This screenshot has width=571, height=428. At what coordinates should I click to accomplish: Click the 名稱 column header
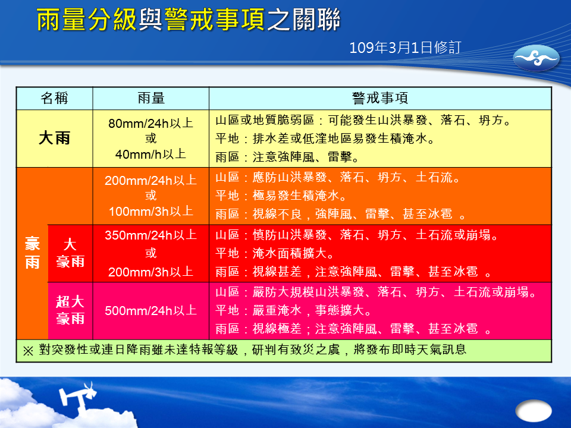pos(54,98)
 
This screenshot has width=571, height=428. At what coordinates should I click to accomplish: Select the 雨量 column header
pos(151,98)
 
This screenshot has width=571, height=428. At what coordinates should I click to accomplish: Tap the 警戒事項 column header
pos(380,98)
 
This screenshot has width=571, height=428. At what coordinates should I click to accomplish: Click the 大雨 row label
pos(54,139)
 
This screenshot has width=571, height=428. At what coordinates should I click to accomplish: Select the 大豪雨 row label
pos(70,253)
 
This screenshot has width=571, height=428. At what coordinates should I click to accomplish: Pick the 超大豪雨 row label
pos(70,310)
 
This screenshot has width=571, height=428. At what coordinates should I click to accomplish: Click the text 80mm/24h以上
pos(150,123)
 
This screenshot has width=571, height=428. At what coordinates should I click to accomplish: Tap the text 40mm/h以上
pos(150,155)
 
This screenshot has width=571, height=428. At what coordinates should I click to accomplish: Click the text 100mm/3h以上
pos(150,211)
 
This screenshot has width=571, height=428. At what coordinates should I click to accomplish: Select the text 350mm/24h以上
pos(150,235)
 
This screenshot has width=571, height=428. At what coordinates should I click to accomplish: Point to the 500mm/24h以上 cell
pos(150,310)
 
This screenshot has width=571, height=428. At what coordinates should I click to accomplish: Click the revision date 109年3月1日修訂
pos(405,48)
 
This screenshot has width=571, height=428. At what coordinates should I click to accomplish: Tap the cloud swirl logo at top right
pos(536,58)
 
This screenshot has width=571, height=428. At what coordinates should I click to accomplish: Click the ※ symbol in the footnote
pos(28,351)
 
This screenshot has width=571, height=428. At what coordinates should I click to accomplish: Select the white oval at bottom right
pos(534,411)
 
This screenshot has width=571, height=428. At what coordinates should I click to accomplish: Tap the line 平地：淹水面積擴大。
pos(275,253)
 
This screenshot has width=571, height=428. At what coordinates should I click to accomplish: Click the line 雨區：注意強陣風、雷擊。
pos(288,157)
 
